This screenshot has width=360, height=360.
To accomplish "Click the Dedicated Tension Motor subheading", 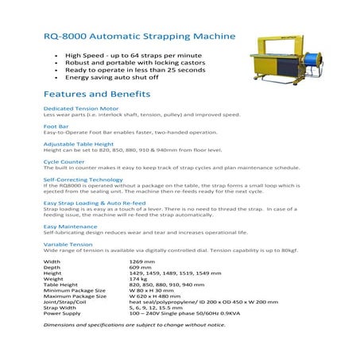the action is [x=80, y=107].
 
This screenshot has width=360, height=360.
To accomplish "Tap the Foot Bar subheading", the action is [x=56, y=126].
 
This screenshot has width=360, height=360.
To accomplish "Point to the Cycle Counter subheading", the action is [x=64, y=161].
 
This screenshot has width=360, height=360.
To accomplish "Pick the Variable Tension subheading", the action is [x=68, y=244].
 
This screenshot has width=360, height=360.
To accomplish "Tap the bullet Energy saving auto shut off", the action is [x=116, y=78].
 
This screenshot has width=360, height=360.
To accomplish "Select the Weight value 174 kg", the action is [x=139, y=279].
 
